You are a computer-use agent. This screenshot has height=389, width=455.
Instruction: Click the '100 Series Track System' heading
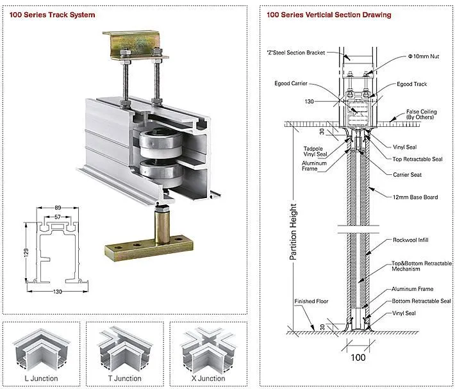click(x=52, y=14)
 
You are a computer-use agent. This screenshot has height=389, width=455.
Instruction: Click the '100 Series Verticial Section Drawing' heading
click(x=329, y=14)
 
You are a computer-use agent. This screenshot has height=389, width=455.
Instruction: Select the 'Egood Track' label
click(x=411, y=84)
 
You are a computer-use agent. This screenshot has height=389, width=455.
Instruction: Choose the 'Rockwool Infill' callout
click(x=410, y=240)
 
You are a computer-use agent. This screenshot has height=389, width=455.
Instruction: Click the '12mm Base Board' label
click(x=415, y=197)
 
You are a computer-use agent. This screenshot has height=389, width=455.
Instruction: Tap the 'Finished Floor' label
click(x=310, y=301)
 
